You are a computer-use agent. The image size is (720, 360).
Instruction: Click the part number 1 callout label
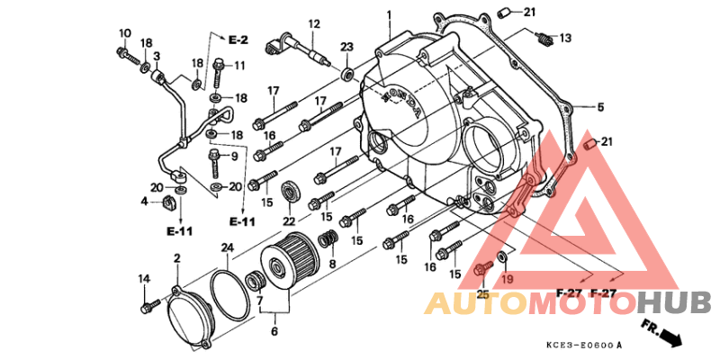[x=389, y=14]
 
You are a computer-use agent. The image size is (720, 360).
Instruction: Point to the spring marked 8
[x=328, y=239]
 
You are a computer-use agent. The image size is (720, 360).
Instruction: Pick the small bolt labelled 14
[x=149, y=306]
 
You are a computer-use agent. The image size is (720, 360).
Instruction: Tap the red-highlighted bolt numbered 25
[x=482, y=269]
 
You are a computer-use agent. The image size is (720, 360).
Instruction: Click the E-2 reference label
[x=238, y=40]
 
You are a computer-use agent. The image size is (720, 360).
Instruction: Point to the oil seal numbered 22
[x=290, y=192]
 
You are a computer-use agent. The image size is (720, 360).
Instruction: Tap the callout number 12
[x=314, y=24]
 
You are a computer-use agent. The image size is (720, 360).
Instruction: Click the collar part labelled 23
[x=347, y=73]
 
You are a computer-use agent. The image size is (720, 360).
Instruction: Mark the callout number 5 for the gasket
[x=600, y=107]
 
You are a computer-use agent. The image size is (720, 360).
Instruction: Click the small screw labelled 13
[x=544, y=39]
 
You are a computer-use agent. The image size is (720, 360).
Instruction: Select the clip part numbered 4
[x=169, y=203]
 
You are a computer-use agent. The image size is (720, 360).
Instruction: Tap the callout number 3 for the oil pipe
[x=157, y=57]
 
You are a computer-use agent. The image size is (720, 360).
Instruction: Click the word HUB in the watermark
[x=674, y=303]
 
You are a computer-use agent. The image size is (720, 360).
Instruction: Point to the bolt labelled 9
[x=214, y=162]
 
